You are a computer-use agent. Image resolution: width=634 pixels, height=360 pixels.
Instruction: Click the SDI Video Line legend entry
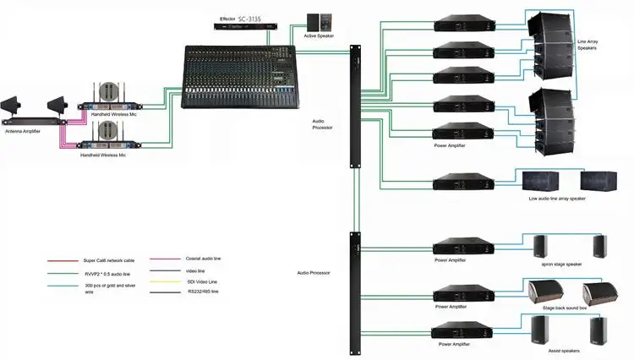click(x=202, y=281)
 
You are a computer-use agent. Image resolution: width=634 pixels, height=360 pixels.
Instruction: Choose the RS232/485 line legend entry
click(x=203, y=292)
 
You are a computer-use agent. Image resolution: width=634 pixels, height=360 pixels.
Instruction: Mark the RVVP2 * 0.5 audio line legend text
click(x=109, y=275)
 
